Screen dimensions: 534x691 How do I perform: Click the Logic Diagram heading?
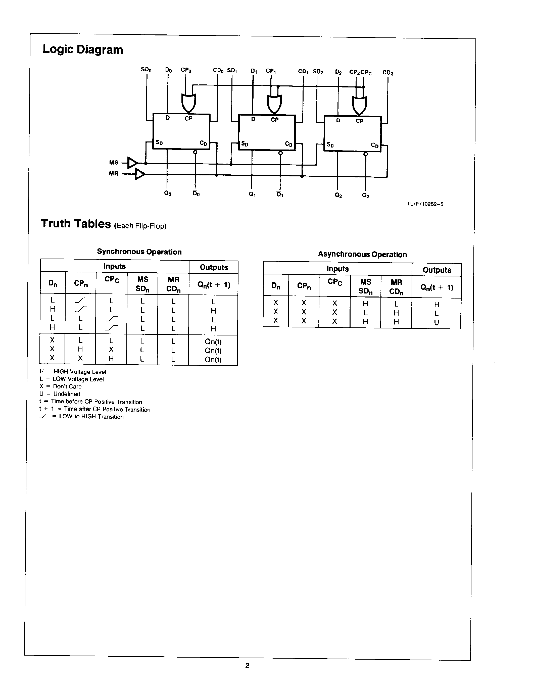(x=83, y=50)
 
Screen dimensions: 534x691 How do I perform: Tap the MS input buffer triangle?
(x=132, y=163)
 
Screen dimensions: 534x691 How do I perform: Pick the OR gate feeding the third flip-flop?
(x=360, y=105)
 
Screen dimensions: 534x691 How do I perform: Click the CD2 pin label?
(x=387, y=73)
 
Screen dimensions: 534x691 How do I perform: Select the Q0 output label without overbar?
(x=168, y=193)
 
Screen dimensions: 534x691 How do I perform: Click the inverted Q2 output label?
(x=365, y=195)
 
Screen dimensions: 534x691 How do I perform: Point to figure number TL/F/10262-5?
(x=425, y=204)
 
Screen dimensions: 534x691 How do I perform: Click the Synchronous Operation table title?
(x=139, y=252)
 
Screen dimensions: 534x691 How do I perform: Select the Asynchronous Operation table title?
(x=362, y=254)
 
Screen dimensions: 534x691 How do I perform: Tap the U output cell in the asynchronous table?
(x=436, y=323)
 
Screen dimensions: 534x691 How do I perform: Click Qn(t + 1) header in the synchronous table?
(x=214, y=285)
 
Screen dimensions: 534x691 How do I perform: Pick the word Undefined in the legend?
(x=67, y=394)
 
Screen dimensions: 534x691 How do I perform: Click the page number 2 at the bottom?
(x=247, y=665)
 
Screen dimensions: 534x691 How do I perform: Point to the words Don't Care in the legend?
(x=67, y=386)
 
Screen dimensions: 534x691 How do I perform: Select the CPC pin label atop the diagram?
(x=366, y=72)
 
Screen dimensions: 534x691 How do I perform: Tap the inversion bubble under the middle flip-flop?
(x=280, y=154)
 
